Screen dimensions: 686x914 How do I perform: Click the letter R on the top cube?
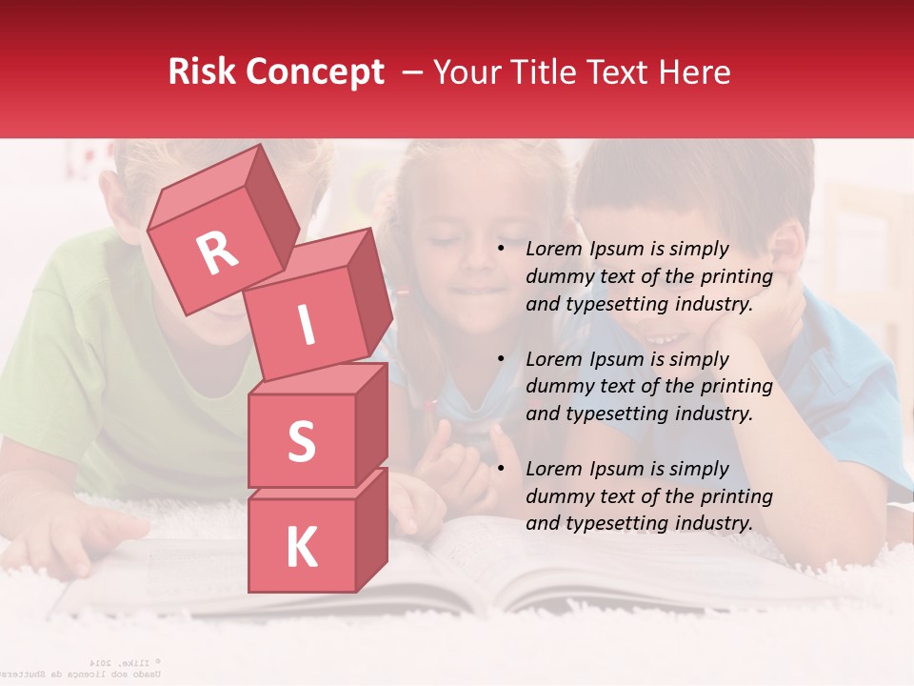click(x=217, y=252)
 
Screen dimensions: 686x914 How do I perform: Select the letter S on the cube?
click(x=301, y=441)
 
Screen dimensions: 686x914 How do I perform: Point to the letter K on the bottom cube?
click(x=301, y=548)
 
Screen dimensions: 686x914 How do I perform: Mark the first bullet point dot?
click(x=501, y=250)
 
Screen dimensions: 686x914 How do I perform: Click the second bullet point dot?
click(x=501, y=360)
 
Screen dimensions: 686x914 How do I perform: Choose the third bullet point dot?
click(x=501, y=470)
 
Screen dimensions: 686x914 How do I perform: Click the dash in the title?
click(x=413, y=72)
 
